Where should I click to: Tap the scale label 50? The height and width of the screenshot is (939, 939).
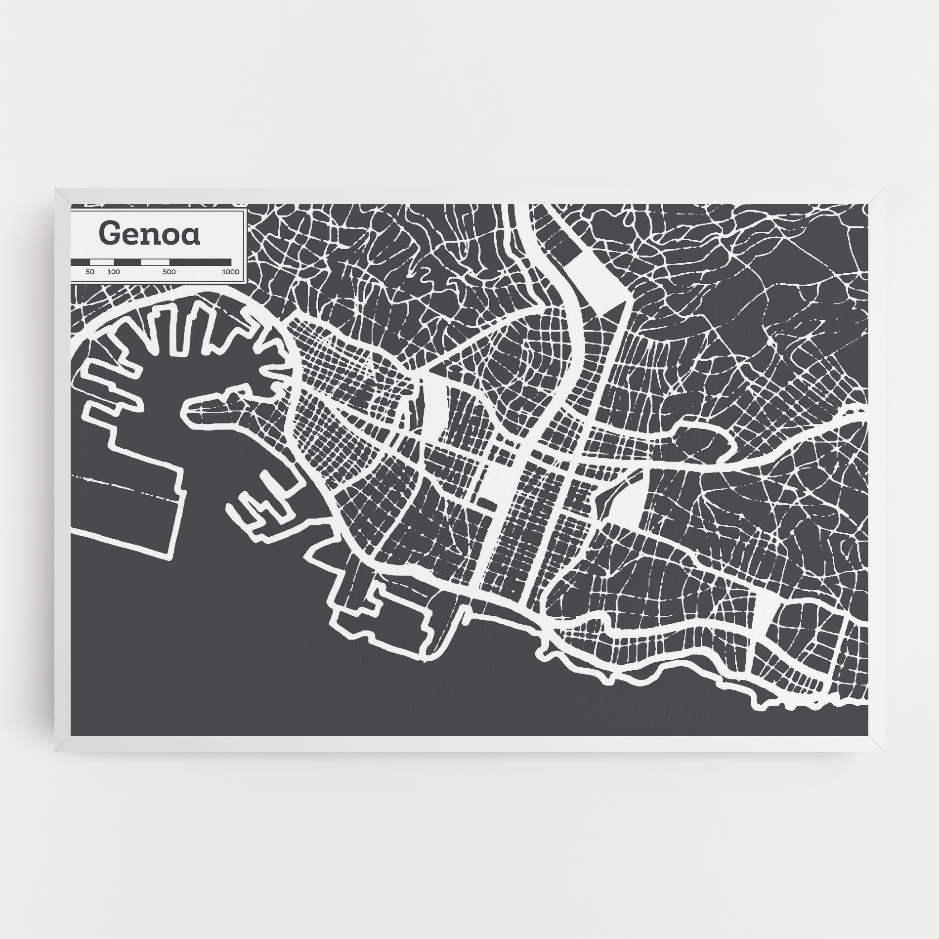coord(89,272)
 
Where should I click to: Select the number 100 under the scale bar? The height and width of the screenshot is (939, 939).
coord(113,272)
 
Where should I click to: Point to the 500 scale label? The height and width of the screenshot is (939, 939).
coord(170,272)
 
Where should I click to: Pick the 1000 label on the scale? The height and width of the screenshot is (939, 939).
coord(230,272)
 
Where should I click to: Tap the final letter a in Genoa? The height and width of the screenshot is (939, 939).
coord(192,236)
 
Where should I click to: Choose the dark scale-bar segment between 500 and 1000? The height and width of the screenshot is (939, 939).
coord(200,262)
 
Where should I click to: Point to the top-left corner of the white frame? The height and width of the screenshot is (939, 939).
coord(56,188)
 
